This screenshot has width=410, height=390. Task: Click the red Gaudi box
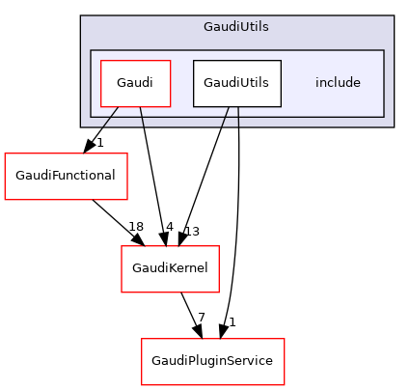point(136,83)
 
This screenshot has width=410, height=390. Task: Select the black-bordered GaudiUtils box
point(236,83)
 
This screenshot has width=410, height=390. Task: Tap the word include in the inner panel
point(338,83)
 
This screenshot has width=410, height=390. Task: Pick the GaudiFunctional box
point(60,176)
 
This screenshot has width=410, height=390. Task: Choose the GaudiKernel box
point(170,269)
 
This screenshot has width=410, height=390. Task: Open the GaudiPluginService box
point(213,360)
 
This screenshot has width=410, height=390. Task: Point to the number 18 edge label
point(136,226)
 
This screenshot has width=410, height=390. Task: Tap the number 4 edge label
point(169,227)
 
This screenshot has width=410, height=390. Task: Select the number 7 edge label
point(201,318)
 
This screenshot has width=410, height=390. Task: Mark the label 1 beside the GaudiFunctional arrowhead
point(99,143)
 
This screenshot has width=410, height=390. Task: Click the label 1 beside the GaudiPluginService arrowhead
point(232,321)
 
